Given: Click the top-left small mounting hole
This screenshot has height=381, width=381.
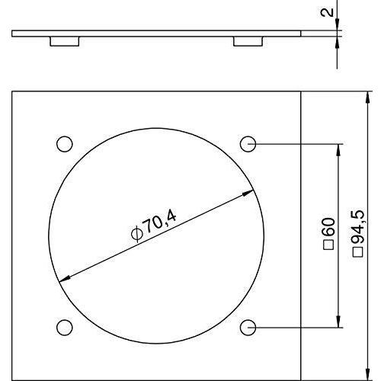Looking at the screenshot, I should (64, 143).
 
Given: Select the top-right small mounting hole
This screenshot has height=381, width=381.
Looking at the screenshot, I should (247, 143).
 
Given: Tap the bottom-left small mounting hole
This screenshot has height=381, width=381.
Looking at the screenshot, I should (64, 326).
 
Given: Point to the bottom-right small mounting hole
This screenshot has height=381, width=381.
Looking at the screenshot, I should (247, 326).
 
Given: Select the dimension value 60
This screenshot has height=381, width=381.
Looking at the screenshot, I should (329, 227).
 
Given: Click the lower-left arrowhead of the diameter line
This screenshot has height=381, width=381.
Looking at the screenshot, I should (62, 277).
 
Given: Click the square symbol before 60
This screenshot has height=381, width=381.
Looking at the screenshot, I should (329, 245).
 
